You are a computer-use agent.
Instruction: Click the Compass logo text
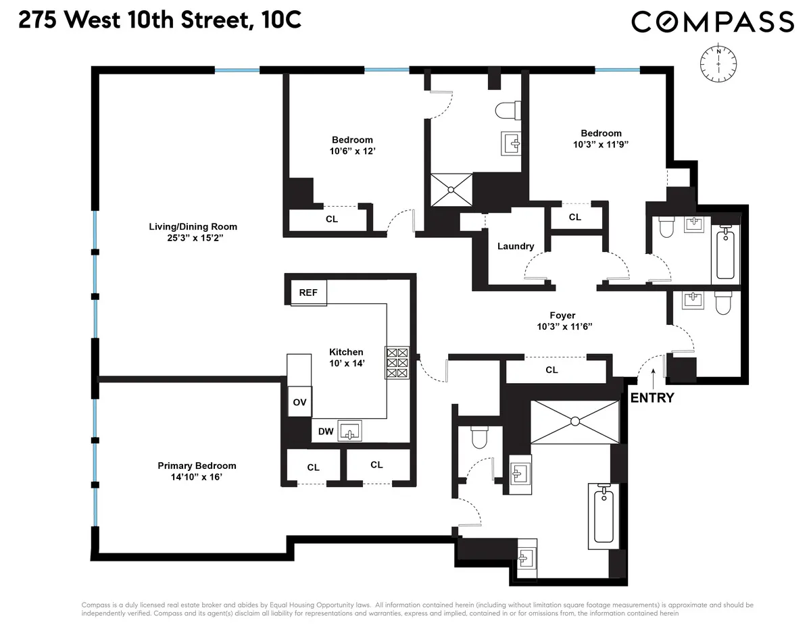tap(712, 22)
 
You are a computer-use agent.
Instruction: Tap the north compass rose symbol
tap(718, 64)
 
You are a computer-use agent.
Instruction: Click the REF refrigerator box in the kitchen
tap(308, 293)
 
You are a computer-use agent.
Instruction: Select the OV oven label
tap(299, 402)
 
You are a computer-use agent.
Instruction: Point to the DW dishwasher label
tap(325, 431)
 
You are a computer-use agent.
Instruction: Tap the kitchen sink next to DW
tap(349, 430)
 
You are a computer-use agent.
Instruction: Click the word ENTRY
tap(652, 397)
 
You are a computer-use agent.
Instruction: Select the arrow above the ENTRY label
tap(653, 375)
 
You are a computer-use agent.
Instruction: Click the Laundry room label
tap(516, 246)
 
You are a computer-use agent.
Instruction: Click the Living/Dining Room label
tap(193, 226)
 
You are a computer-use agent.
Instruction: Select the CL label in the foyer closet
tap(551, 370)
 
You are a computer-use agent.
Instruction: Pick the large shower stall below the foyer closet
tap(574, 422)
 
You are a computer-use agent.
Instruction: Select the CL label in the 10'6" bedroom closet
tap(331, 219)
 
